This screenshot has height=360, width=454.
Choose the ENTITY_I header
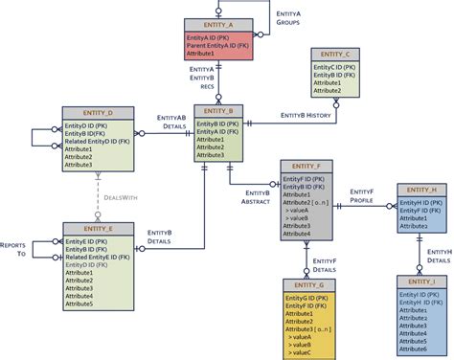coord(421,281)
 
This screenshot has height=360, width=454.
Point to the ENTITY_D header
coord(98,113)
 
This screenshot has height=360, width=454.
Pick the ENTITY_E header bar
coord(98,229)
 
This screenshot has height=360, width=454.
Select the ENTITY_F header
coord(306,165)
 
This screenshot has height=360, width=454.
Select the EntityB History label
coord(306,115)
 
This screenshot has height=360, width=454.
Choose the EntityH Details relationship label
coord(439,254)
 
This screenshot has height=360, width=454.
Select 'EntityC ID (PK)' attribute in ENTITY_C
coord(335,68)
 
